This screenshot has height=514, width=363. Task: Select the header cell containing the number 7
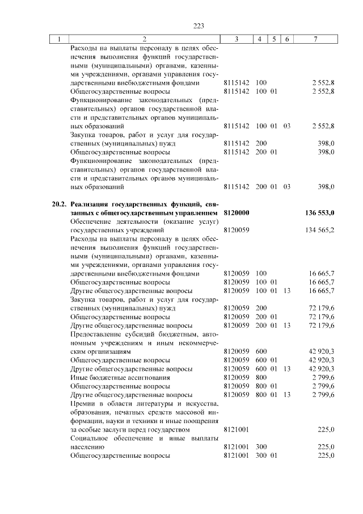(316, 39)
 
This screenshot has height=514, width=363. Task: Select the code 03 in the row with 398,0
(286, 186)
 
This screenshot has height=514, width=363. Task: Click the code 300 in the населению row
(261, 447)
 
